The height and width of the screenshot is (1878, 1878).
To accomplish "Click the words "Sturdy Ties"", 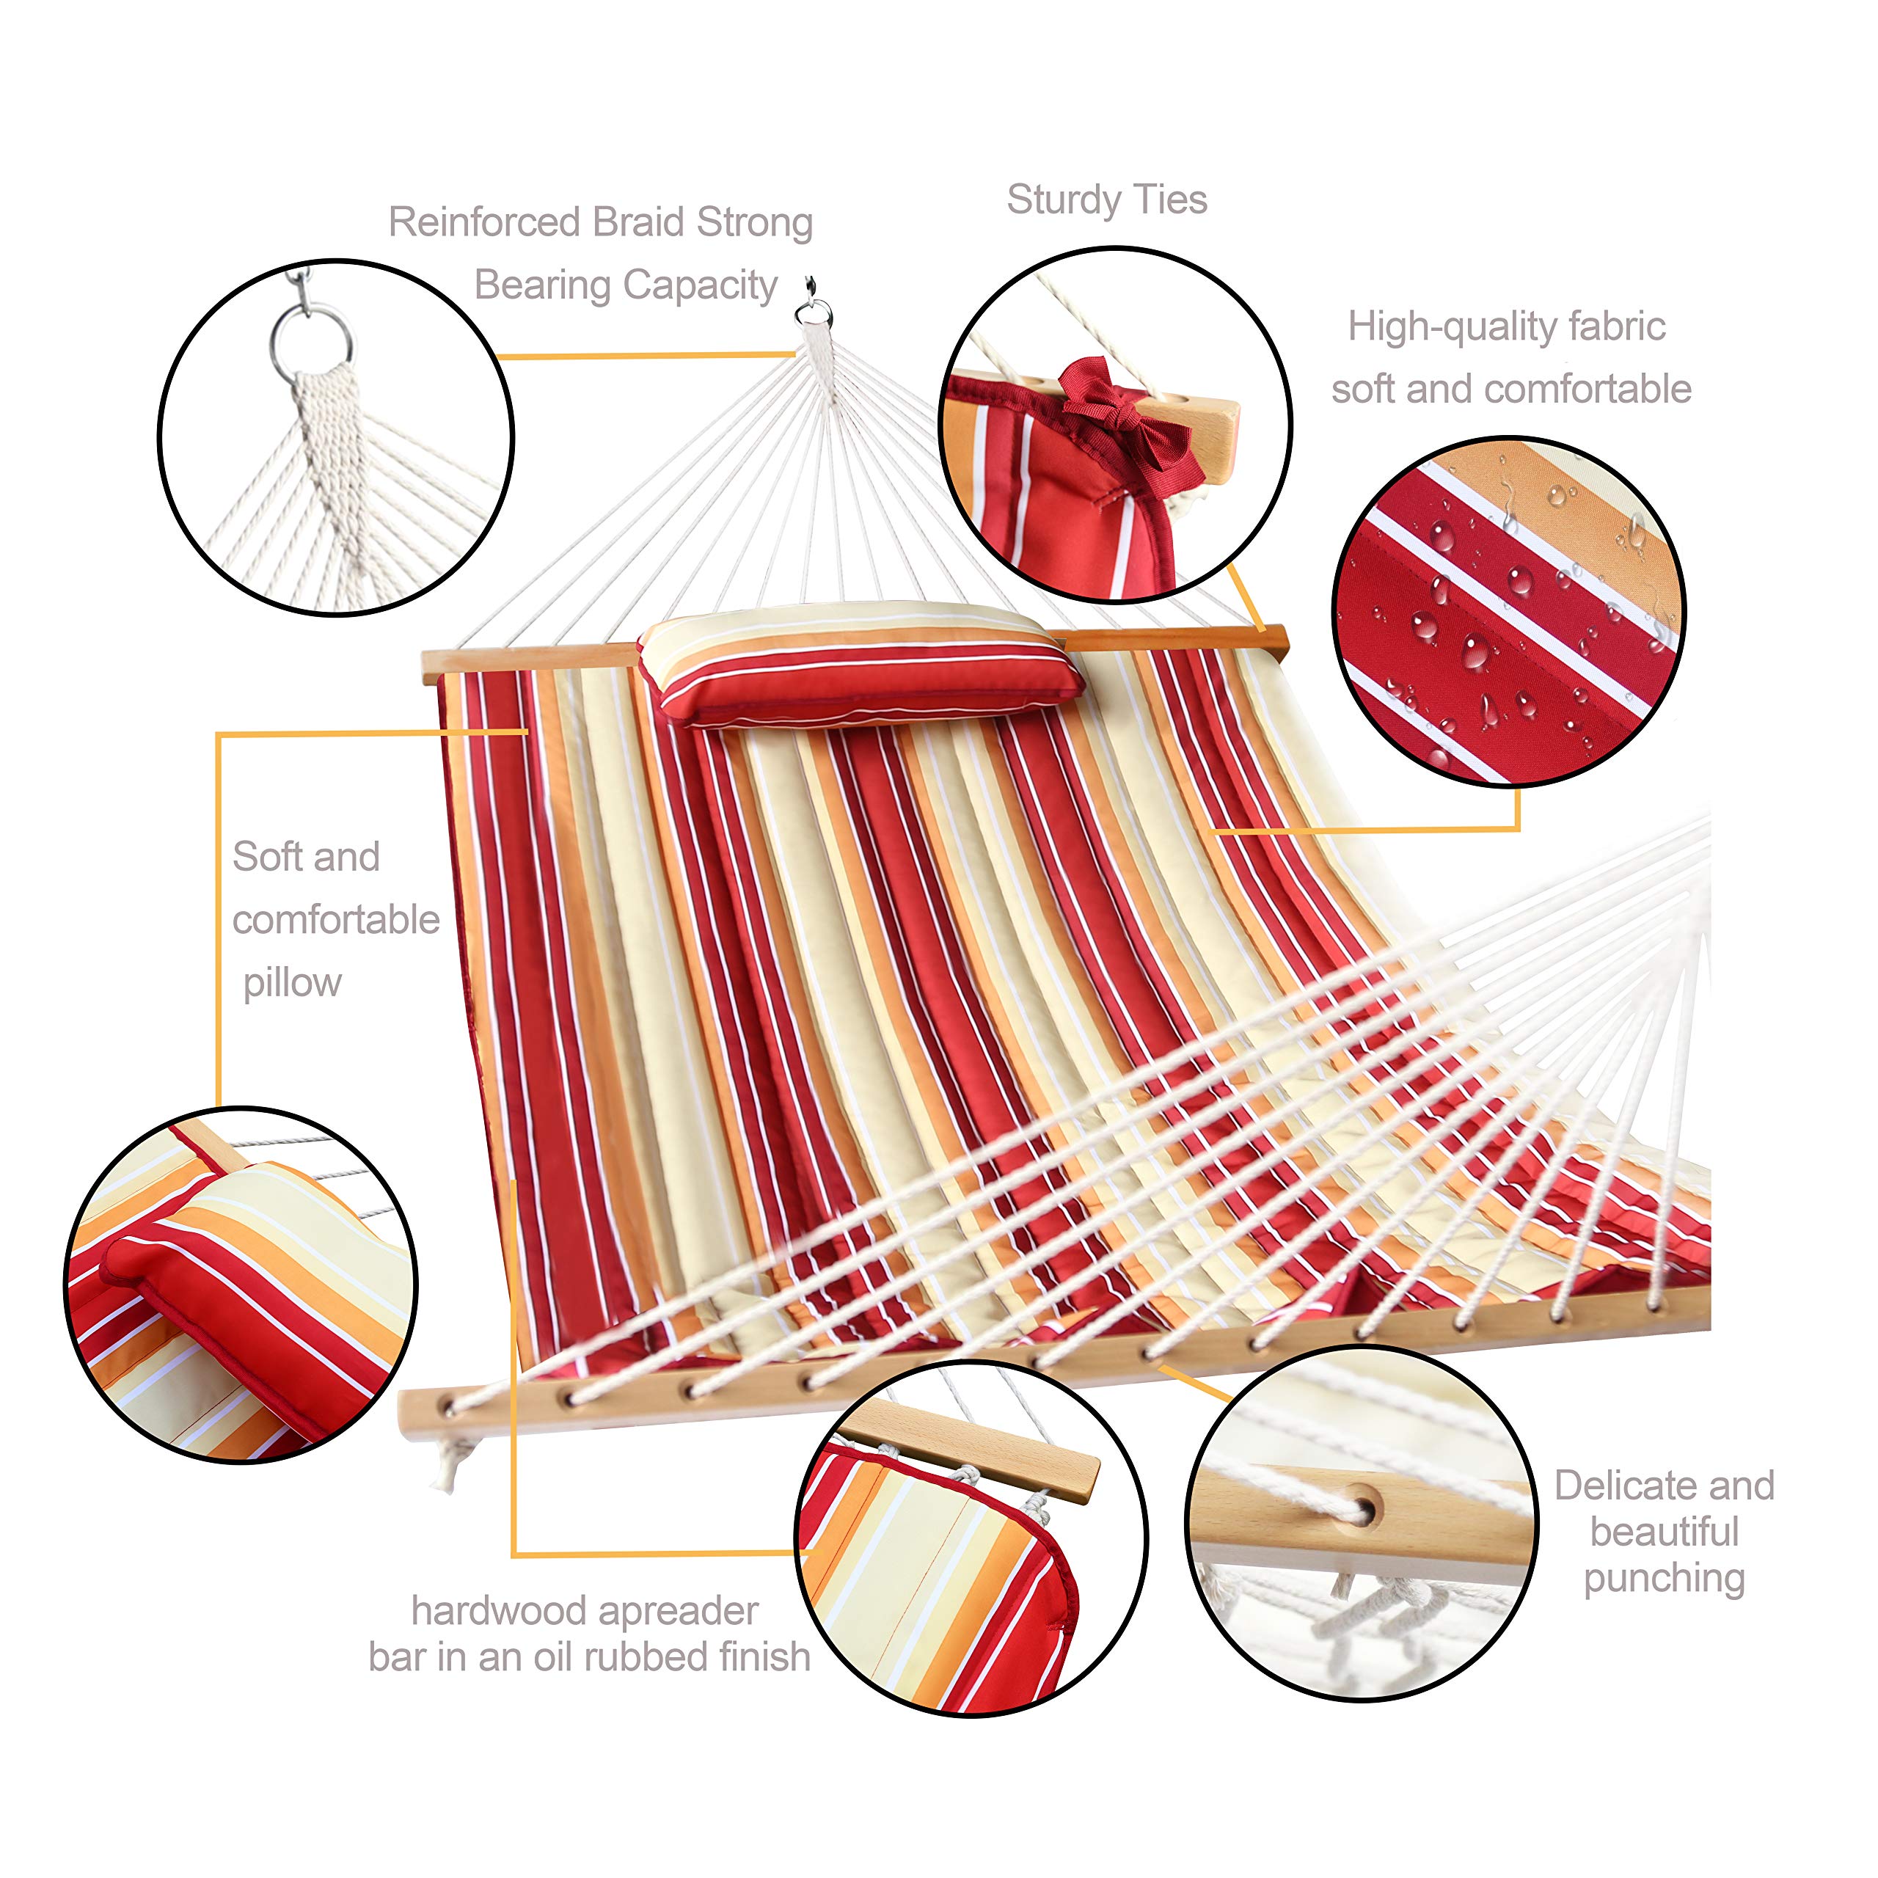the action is click(1106, 200).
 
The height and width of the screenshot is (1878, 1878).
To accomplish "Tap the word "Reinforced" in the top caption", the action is click(485, 222).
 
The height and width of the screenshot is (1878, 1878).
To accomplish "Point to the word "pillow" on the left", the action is click(293, 983).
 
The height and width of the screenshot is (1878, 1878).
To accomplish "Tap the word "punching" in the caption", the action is click(1664, 1579).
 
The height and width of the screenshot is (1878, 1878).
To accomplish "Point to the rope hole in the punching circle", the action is click(1363, 1510).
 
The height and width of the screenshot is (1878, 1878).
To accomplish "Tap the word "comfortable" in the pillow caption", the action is click(336, 919).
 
